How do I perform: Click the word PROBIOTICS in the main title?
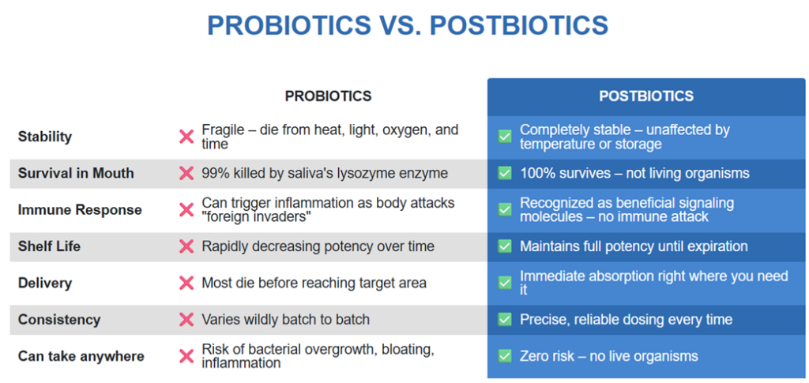tap(289, 25)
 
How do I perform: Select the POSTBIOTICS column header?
tap(646, 96)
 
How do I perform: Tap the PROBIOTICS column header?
tap(328, 96)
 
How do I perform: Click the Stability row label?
tap(45, 137)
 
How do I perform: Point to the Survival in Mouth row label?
tap(76, 173)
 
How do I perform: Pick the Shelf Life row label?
tap(49, 246)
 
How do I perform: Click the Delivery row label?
tap(45, 283)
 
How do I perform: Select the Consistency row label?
tap(59, 320)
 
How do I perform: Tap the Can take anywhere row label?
tap(81, 356)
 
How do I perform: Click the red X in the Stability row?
tap(186, 137)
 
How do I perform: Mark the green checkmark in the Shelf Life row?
tap(505, 246)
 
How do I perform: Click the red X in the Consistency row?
tap(186, 320)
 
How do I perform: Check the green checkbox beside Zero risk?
tap(505, 355)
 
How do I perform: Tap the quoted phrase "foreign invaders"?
tap(256, 217)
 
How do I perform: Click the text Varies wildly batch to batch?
tap(286, 320)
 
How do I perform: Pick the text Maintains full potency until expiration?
tap(634, 246)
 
